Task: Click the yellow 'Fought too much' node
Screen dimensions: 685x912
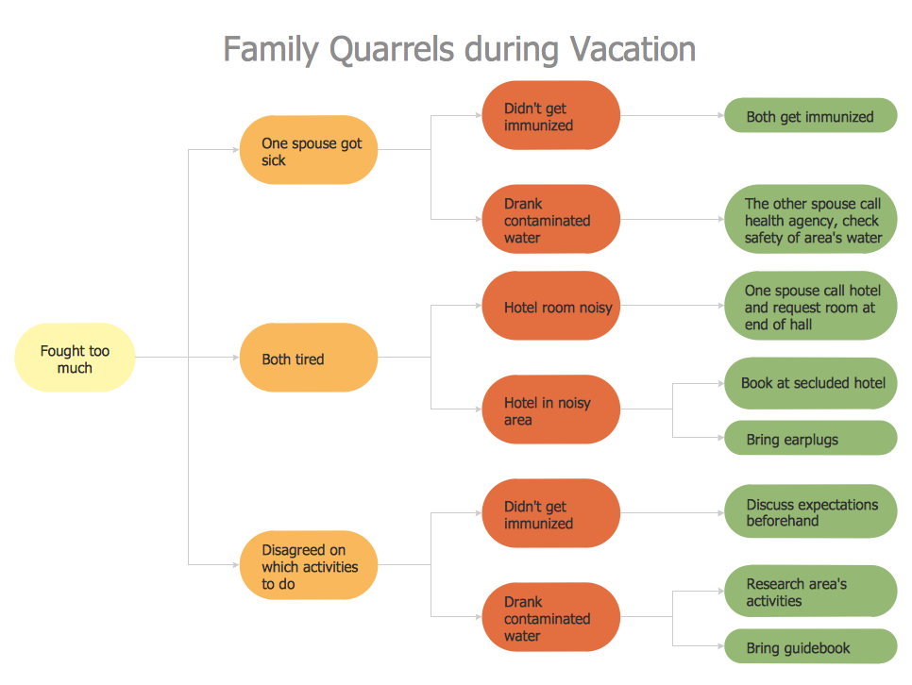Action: click(75, 358)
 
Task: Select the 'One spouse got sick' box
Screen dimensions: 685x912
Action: click(308, 151)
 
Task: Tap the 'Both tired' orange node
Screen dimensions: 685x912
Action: click(308, 358)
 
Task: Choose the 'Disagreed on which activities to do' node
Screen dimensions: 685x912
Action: click(308, 565)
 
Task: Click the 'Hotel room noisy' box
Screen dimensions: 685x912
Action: click(550, 306)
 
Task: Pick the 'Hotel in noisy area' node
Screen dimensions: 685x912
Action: click(550, 409)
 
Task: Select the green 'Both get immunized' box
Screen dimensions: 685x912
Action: click(810, 116)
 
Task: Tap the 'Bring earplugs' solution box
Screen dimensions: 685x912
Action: click(810, 438)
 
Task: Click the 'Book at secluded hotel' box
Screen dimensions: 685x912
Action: click(810, 383)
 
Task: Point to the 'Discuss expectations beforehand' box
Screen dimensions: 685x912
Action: click(810, 511)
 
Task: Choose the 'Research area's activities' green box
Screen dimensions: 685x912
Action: click(810, 592)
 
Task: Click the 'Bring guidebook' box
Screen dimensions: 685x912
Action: click(810, 647)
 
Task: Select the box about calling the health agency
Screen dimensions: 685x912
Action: click(810, 220)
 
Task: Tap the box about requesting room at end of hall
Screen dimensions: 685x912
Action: click(810, 306)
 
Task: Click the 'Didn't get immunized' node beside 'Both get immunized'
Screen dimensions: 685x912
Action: click(550, 116)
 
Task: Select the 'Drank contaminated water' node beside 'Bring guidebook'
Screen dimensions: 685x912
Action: click(550, 618)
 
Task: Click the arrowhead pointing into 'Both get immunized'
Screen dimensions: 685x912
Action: click(719, 116)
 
